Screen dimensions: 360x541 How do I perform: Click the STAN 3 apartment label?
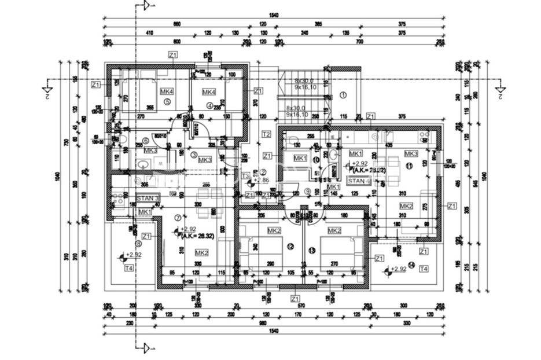point(148,198)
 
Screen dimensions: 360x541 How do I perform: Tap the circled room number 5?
point(167,102)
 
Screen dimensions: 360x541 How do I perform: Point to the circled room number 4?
point(209,105)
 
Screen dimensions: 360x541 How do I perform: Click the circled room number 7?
point(177,217)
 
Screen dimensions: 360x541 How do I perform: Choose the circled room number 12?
point(290,247)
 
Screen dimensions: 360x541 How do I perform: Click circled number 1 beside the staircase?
point(343,94)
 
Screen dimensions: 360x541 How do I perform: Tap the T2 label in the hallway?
point(267,134)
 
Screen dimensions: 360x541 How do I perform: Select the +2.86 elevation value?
point(262,181)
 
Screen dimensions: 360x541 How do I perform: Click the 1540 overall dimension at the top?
point(283,16)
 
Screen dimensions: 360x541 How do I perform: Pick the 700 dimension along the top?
point(359,42)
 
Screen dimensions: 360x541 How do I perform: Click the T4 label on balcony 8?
point(128,268)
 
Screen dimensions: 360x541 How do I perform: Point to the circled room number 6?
point(146,140)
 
